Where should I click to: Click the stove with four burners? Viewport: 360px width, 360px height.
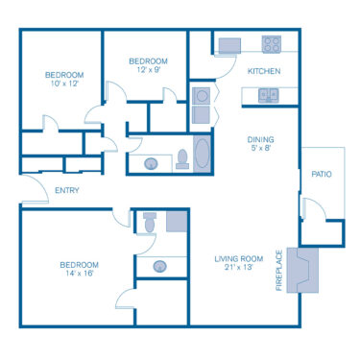click(x=272, y=43)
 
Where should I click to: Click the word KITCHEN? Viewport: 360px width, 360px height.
click(x=263, y=71)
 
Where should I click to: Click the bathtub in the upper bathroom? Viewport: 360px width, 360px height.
click(x=204, y=155)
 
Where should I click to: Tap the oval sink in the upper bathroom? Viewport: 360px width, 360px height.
click(x=152, y=164)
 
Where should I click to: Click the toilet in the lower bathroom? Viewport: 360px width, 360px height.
click(x=148, y=222)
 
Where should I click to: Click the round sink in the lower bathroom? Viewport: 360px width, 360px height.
click(x=160, y=266)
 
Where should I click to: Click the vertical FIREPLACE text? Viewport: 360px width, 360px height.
click(x=280, y=271)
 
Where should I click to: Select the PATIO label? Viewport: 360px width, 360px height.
click(x=321, y=175)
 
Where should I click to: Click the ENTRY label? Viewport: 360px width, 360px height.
click(x=67, y=190)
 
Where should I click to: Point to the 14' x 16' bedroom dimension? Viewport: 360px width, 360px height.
click(x=79, y=275)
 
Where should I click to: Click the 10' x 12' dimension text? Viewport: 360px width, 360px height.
click(x=64, y=84)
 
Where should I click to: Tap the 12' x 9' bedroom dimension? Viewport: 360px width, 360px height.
click(x=148, y=70)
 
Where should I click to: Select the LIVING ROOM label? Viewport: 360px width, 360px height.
click(x=238, y=258)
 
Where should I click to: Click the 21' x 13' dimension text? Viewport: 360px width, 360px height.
click(x=238, y=268)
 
